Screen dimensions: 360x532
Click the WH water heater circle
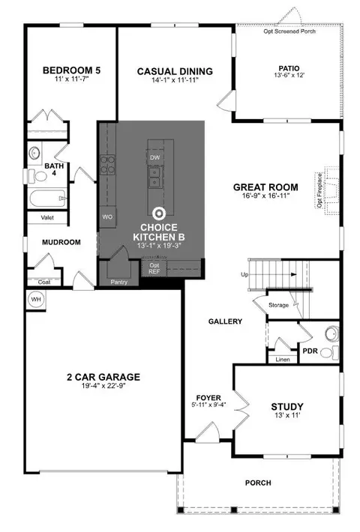tap(36, 300)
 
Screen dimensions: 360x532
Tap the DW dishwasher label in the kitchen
tap(154, 158)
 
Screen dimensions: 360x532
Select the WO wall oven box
tap(108, 217)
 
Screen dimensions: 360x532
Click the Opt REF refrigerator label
tap(154, 269)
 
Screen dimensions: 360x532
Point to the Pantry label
tap(118, 282)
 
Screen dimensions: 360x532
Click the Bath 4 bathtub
tap(47, 199)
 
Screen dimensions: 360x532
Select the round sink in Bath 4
tap(34, 153)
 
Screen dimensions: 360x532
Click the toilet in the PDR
tap(329, 353)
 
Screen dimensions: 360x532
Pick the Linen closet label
tap(283, 360)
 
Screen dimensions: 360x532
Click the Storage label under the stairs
tap(278, 305)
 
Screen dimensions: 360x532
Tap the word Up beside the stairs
tap(244, 274)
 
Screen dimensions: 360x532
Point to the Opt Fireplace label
tap(319, 190)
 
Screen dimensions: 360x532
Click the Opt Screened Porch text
tap(289, 31)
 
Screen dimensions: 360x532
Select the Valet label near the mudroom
tap(47, 217)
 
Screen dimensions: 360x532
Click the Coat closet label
tap(44, 282)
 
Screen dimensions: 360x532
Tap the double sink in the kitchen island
tap(154, 178)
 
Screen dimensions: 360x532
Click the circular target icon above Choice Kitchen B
tap(159, 214)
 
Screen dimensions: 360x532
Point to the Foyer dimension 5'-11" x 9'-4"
tap(208, 405)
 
